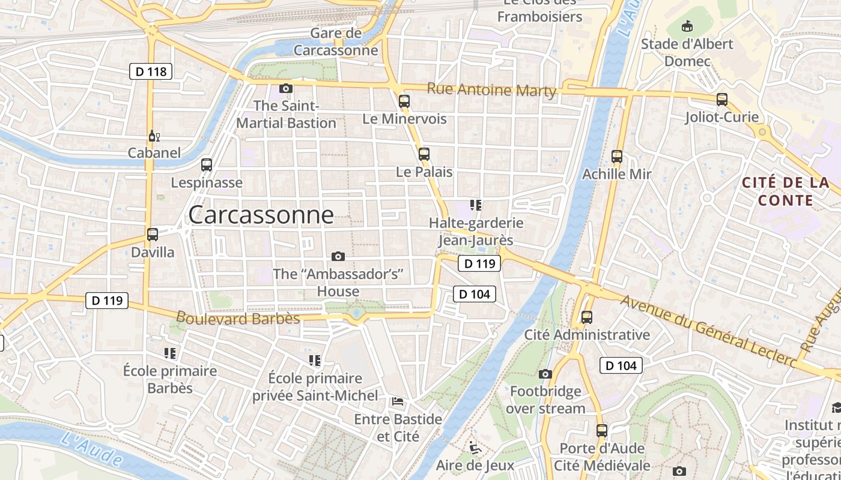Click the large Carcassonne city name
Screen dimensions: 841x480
coord(261,215)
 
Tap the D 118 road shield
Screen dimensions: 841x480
coord(151,72)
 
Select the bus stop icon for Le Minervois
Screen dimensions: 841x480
coord(404,101)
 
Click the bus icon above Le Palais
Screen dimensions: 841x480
coord(424,154)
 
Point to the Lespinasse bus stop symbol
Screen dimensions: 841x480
coord(207,164)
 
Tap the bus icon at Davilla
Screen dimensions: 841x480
coord(153,235)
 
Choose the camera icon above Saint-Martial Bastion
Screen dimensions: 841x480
coord(286,88)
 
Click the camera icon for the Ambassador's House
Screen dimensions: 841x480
coord(338,256)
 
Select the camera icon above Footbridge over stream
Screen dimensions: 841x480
coord(545,374)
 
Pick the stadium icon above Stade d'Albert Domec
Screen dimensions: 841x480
coord(687,26)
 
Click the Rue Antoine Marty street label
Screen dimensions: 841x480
coord(491,90)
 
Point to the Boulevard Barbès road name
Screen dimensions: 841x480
coord(238,317)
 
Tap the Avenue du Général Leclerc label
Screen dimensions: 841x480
coord(709,332)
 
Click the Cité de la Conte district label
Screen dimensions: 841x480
coord(785,191)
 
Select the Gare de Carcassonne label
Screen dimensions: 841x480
coord(336,41)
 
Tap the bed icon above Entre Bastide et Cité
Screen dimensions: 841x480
coord(397,401)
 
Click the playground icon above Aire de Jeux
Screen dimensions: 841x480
coord(475,447)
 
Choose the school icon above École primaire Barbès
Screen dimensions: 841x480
coord(170,353)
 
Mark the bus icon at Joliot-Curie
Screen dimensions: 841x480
coord(722,100)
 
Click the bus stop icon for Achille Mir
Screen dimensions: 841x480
coord(616,157)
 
